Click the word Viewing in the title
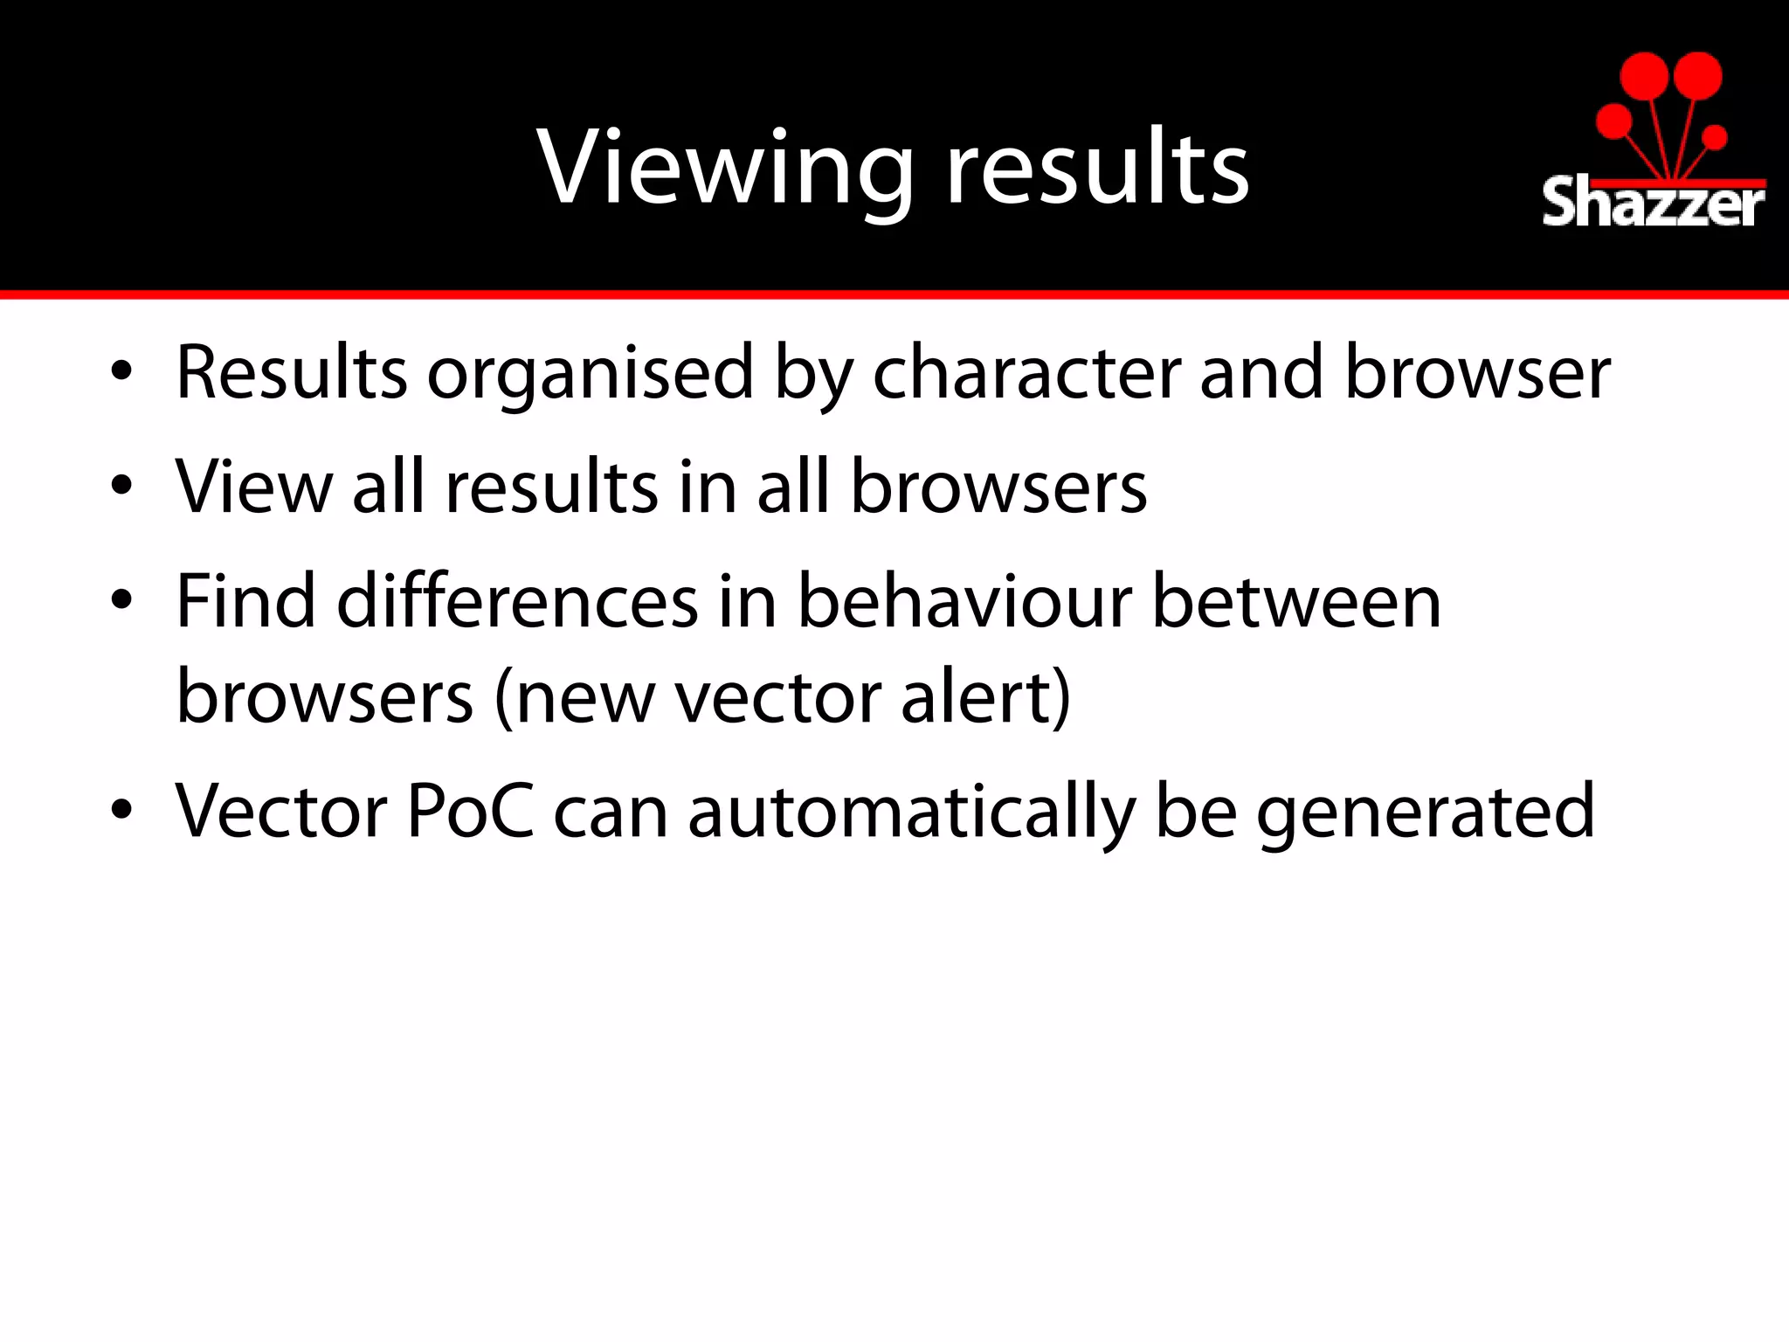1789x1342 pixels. click(725, 168)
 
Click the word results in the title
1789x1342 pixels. click(1098, 168)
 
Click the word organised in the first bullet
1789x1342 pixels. click(590, 374)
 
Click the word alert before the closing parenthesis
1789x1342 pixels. click(976, 698)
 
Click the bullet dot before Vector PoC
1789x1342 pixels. click(122, 810)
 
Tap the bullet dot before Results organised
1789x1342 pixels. click(122, 371)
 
